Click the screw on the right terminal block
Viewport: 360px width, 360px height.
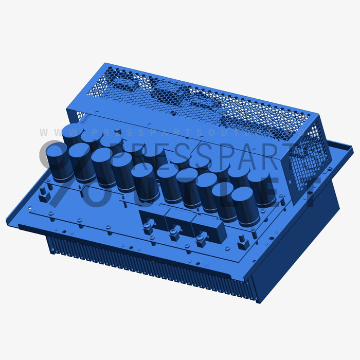201,237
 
